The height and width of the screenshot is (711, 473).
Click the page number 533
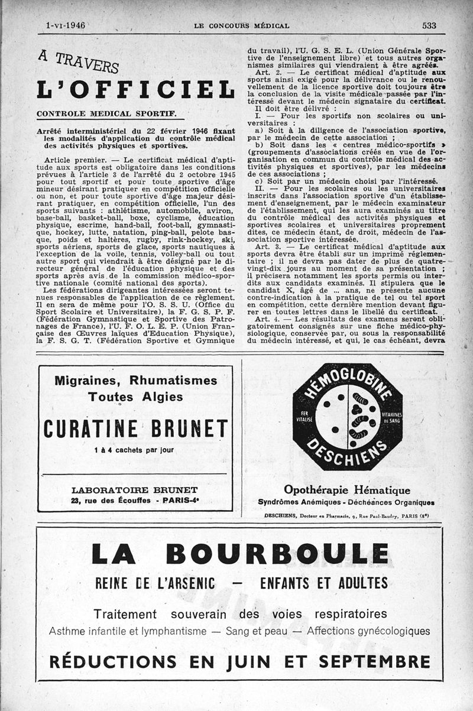click(x=429, y=25)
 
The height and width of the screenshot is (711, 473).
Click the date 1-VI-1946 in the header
click(x=66, y=25)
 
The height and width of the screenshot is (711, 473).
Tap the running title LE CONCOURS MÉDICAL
click(x=241, y=26)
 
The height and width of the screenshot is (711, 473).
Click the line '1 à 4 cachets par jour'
click(x=134, y=450)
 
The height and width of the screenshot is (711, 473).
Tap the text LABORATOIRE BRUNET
click(x=134, y=490)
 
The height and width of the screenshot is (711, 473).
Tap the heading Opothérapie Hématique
click(x=347, y=490)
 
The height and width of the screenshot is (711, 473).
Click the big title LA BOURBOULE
click(x=239, y=554)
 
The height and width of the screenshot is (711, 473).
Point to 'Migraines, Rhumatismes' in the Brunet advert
click(x=135, y=381)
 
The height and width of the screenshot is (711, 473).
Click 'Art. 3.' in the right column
click(x=268, y=230)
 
